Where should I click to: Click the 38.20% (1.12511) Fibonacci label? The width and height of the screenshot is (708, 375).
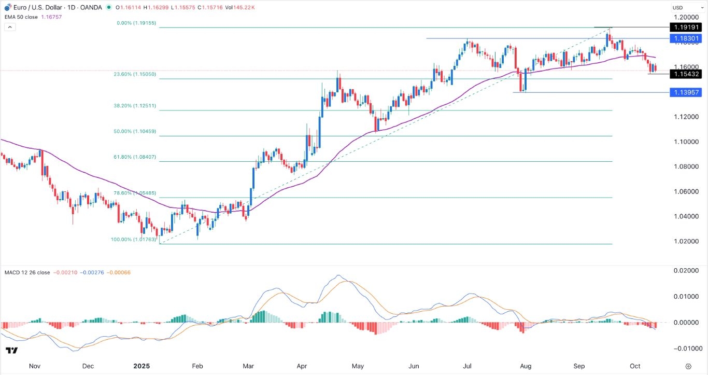pos(135,106)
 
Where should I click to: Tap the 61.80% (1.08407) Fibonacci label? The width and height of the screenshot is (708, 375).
pos(135,157)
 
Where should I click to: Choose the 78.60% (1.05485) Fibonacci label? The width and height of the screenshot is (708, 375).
pos(135,193)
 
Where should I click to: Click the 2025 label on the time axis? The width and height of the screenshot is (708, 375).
pos(141,366)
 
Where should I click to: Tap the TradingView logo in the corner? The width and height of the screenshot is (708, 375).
pos(11,351)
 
